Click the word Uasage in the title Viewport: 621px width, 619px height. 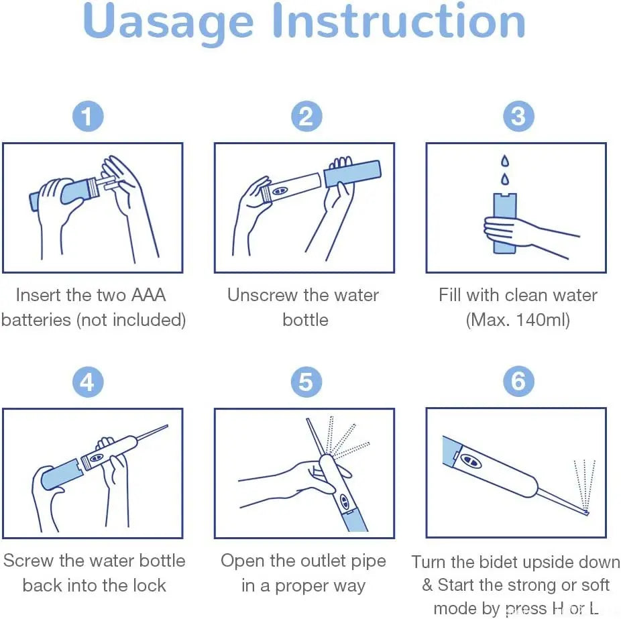tap(168, 21)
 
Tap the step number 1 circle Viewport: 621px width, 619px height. tap(88, 117)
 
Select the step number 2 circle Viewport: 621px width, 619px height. tap(306, 117)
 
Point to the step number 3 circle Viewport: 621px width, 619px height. tap(518, 117)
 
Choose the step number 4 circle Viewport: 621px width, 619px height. tap(88, 382)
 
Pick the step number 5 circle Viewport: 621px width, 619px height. tap(306, 382)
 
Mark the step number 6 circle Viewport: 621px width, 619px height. tap(518, 382)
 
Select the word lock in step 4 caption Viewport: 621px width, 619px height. tap(148, 585)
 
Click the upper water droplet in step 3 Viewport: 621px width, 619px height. tap(504, 162)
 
